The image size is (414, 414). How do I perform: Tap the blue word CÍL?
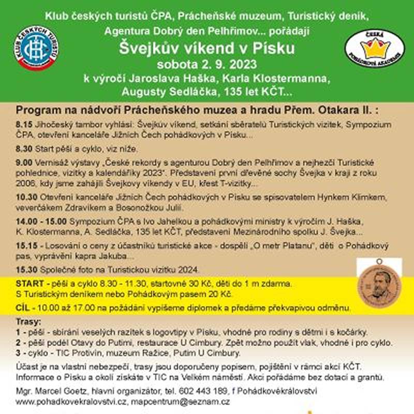22,308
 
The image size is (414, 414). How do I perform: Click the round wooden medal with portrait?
379,282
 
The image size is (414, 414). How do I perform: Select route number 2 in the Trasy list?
19,343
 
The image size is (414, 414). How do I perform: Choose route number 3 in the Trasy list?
19,353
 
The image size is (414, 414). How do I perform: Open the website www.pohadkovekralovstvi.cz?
71,401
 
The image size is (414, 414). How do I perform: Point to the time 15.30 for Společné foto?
26,269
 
